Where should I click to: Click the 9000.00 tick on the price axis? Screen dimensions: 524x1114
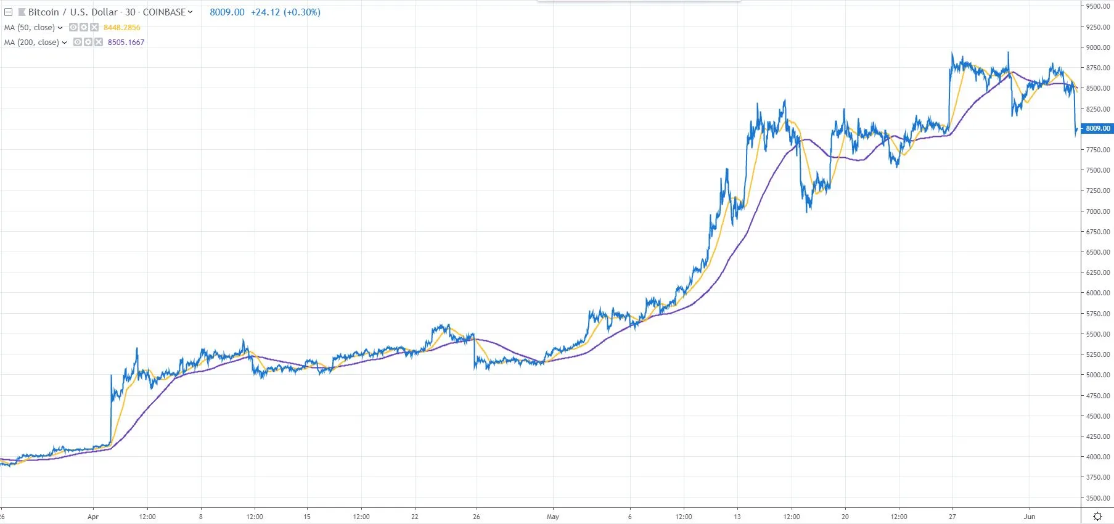1097,47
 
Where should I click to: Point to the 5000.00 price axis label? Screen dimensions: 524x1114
1097,375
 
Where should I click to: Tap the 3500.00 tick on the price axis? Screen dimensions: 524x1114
1097,498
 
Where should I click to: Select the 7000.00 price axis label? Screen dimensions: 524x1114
1097,211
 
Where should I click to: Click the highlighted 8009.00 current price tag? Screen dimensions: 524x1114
1097,128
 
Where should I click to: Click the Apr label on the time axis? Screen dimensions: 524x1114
93,517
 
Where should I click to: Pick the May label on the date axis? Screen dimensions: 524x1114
552,517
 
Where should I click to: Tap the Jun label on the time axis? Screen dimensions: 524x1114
1029,517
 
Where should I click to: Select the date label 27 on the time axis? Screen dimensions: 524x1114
952,517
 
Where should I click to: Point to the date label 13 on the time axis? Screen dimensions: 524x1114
737,517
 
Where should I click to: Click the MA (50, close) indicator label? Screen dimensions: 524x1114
30,28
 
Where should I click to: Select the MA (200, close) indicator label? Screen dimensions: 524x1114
31,43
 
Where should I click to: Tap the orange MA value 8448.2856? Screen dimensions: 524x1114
122,28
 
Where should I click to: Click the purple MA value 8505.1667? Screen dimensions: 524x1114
126,43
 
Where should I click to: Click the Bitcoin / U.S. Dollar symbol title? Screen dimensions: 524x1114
73,12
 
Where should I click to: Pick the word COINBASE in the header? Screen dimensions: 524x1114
164,12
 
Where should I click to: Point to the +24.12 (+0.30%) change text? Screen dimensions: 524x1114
285,12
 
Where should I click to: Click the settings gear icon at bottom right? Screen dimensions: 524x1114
1097,517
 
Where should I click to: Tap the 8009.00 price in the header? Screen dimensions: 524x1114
227,12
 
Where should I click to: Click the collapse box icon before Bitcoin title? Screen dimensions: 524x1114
9,12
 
